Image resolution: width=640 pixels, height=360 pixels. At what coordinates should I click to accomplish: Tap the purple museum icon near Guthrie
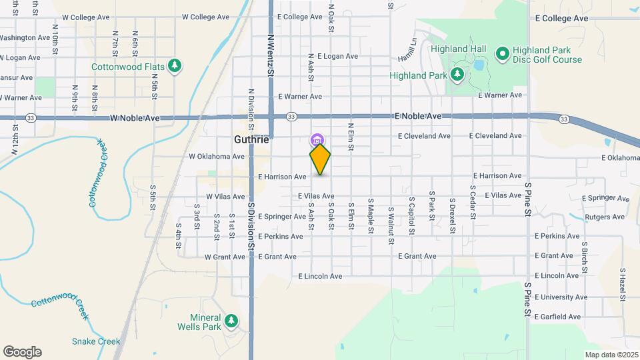(317, 140)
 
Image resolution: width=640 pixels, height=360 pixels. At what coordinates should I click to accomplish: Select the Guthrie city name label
(252, 140)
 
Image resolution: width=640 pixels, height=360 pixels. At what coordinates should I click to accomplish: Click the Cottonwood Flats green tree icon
(175, 65)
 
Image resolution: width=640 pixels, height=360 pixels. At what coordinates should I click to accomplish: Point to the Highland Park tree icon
(457, 75)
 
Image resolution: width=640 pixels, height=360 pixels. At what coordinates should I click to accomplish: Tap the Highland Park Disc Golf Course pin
(502, 52)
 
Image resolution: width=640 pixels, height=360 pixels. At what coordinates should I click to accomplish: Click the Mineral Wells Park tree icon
(231, 321)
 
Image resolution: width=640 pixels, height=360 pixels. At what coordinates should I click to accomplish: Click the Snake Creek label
(91, 341)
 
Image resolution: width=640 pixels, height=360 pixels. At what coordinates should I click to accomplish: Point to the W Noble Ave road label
(135, 118)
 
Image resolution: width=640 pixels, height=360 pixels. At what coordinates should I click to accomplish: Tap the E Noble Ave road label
(418, 116)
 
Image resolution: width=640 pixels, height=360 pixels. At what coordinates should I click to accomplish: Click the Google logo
(22, 352)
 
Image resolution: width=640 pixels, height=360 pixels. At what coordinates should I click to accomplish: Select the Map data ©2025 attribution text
(611, 355)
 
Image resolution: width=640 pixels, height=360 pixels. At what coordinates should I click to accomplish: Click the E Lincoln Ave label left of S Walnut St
(320, 276)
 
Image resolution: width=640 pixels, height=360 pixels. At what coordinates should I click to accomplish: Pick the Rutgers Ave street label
(604, 217)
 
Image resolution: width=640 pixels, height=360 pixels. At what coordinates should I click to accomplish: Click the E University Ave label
(561, 297)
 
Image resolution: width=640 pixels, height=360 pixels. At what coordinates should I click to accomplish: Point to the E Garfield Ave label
(559, 317)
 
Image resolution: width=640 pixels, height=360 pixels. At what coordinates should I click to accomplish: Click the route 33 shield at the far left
(31, 118)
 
